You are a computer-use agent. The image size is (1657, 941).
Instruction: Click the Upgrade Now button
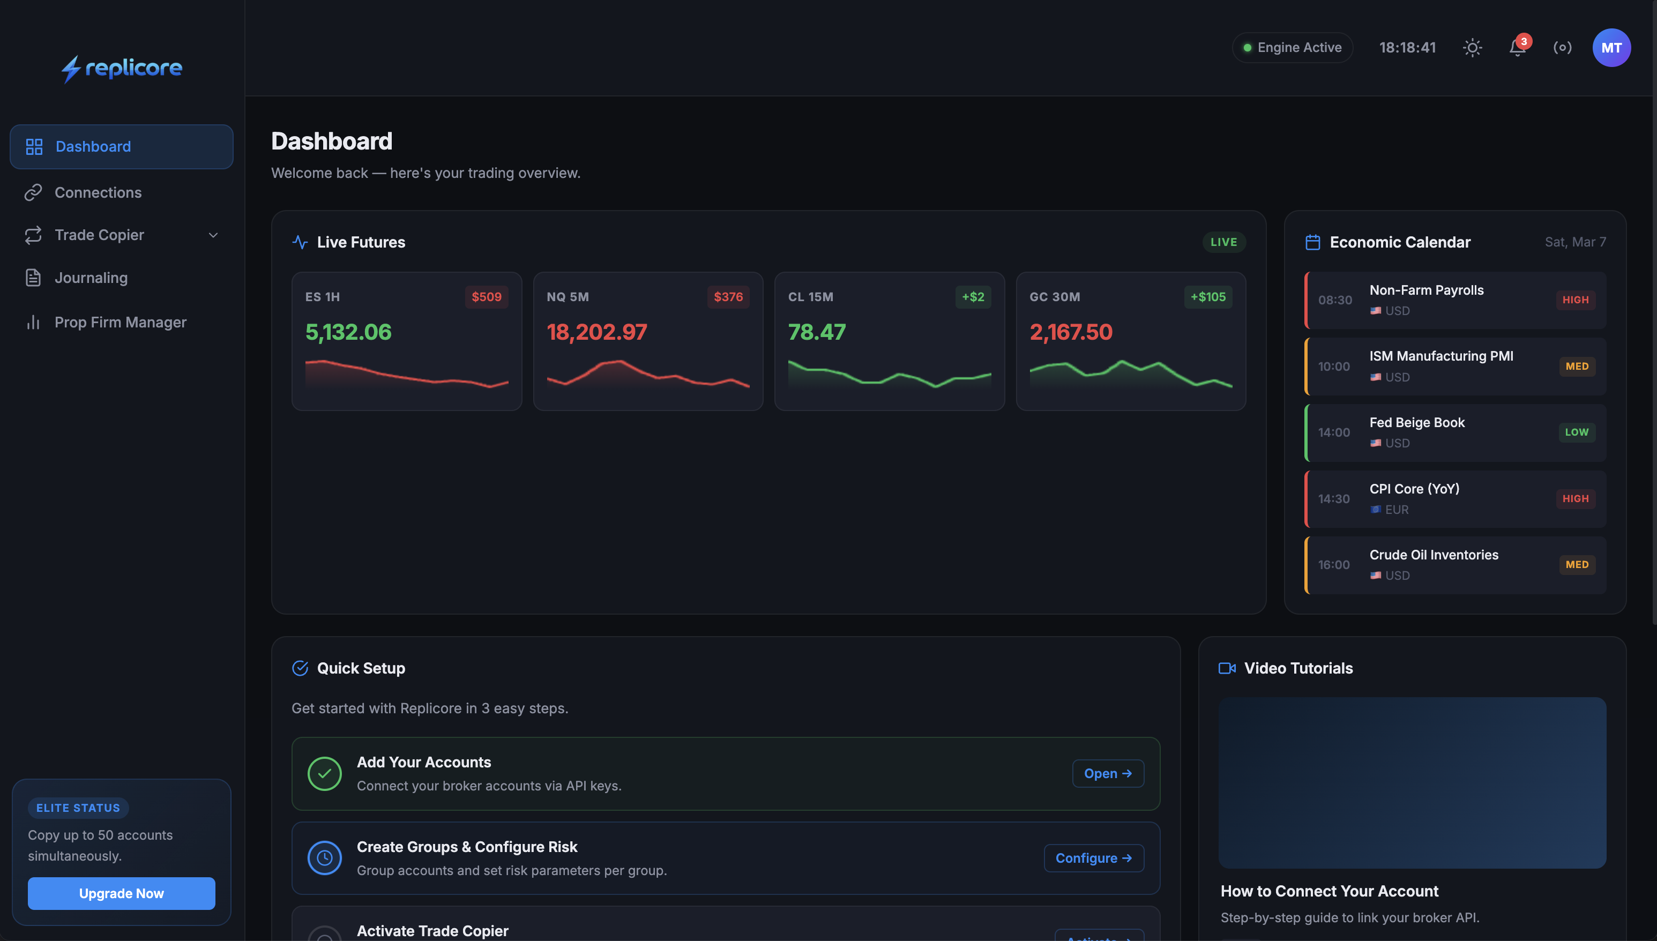coord(121,893)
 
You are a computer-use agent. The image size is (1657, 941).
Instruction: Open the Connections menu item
coord(98,192)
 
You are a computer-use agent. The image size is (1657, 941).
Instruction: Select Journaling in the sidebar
coord(91,278)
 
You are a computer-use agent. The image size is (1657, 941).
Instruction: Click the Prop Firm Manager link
coord(120,322)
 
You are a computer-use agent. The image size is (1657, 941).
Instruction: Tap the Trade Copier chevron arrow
coord(213,235)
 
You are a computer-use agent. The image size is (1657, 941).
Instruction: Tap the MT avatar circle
coord(1611,48)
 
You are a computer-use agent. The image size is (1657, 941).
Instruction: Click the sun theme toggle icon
coord(1472,48)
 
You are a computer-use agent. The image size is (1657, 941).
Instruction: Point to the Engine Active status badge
coord(1293,48)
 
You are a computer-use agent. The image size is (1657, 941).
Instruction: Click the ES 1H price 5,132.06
coord(348,332)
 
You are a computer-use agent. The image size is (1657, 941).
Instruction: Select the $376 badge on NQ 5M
coord(728,297)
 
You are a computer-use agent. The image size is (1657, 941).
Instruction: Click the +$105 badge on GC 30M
coord(1208,297)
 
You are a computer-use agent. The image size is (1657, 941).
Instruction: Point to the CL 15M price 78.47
coord(817,332)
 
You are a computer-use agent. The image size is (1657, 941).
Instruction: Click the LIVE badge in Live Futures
coord(1223,242)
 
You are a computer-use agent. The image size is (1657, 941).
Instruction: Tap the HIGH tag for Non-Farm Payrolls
coord(1575,300)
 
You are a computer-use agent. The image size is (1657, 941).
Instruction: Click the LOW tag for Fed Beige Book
coord(1576,432)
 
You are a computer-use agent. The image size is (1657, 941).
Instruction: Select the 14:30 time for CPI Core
coord(1334,499)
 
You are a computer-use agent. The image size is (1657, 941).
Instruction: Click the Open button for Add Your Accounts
coord(1108,774)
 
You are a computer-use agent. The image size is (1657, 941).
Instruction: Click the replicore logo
coord(122,68)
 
